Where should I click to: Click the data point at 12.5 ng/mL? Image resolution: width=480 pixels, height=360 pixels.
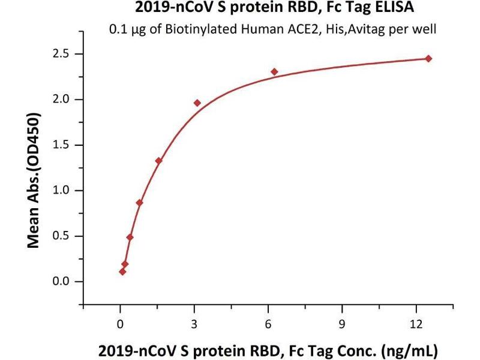pos(428,58)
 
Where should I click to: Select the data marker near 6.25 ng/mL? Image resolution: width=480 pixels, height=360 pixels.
pos(274,71)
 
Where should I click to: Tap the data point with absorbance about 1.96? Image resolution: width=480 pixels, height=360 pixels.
pos(197,103)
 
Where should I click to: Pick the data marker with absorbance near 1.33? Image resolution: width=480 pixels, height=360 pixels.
pos(158,160)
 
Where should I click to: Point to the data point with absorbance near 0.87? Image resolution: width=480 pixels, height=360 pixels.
pos(139,202)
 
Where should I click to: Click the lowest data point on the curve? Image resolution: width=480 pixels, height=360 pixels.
pos(122,271)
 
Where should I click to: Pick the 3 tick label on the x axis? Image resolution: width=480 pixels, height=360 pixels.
pos(194,325)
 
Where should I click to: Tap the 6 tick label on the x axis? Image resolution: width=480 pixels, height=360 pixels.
pos(268,325)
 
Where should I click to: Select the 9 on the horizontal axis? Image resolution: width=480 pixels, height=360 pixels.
pos(342,325)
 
